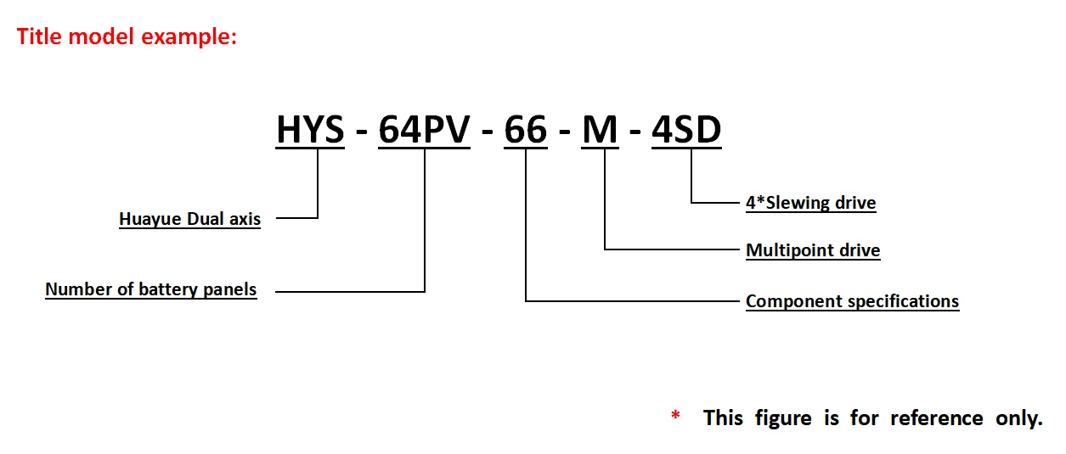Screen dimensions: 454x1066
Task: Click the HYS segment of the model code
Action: [310, 130]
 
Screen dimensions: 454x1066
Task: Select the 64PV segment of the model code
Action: [424, 130]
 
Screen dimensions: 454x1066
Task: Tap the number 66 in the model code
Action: [526, 130]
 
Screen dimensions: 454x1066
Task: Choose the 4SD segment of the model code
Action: [686, 130]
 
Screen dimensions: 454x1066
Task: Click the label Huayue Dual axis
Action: [189, 219]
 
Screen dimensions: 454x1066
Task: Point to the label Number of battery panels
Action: [151, 289]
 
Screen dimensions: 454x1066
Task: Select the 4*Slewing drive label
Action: [810, 203]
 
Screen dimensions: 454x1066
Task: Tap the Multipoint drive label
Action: [813, 250]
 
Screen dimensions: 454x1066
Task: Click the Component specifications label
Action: [852, 301]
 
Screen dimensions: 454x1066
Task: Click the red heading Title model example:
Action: [127, 36]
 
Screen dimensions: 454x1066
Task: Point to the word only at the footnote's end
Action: [1017, 418]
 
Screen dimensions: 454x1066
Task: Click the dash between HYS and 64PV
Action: [361, 132]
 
